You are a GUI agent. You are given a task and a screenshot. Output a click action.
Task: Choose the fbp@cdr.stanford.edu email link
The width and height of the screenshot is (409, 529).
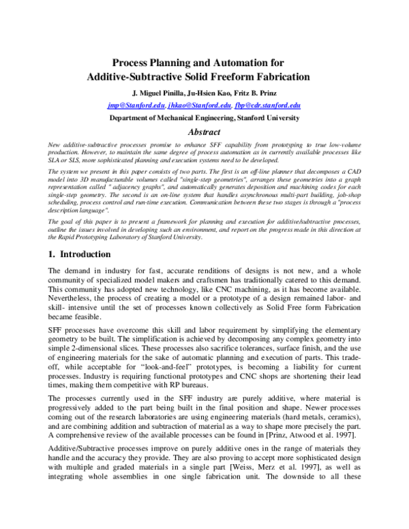[267, 106]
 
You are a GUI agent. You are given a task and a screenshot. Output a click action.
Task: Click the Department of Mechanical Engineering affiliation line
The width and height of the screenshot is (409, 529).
[204, 118]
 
